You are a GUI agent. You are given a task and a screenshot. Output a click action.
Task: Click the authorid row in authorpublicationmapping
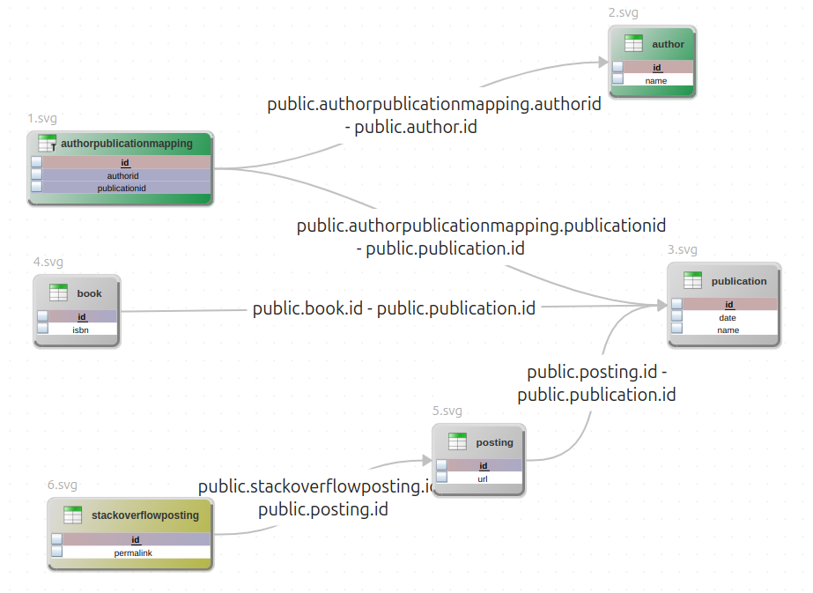click(x=123, y=175)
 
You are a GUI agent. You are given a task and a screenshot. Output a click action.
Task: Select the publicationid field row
click(x=123, y=188)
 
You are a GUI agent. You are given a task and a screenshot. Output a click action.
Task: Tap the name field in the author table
click(x=656, y=80)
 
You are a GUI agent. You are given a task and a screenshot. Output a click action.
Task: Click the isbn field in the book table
click(x=81, y=330)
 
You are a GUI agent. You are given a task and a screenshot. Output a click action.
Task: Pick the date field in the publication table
click(x=728, y=317)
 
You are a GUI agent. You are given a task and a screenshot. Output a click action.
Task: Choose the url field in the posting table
click(x=484, y=478)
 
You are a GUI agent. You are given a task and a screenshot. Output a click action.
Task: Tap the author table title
click(x=668, y=44)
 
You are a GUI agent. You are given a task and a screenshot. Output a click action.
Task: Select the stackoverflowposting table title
click(x=145, y=515)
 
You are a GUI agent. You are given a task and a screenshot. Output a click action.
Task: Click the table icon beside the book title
click(x=59, y=293)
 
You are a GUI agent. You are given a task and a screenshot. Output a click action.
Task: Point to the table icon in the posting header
click(x=457, y=442)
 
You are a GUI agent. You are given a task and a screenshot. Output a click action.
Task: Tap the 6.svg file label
click(x=63, y=485)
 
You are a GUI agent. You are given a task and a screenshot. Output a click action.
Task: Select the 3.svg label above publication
click(x=683, y=250)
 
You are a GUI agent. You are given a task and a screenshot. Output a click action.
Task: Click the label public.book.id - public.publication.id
click(x=394, y=308)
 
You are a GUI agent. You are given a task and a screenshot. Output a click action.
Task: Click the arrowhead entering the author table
click(x=603, y=63)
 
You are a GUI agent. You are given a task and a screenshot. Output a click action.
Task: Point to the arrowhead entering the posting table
click(x=426, y=461)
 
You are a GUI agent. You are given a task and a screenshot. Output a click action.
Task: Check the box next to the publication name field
click(x=676, y=330)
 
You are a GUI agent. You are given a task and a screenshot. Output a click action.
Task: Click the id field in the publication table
click(x=728, y=305)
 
